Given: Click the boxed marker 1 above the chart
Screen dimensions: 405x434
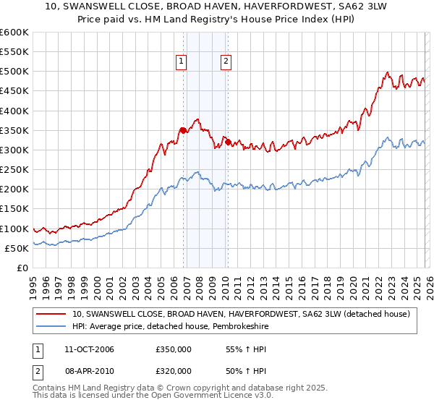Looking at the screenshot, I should (x=181, y=62).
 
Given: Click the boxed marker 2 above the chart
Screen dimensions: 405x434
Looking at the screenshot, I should (x=226, y=62).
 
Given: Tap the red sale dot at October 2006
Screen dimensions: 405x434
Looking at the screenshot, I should (x=183, y=130).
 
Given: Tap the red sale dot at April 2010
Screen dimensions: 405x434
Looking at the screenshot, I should (x=228, y=142).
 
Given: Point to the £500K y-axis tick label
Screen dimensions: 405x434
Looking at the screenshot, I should (x=14, y=72).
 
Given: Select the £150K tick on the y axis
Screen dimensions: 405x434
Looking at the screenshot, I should (x=14, y=209).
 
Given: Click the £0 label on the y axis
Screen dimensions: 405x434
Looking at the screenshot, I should (x=22, y=268).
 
